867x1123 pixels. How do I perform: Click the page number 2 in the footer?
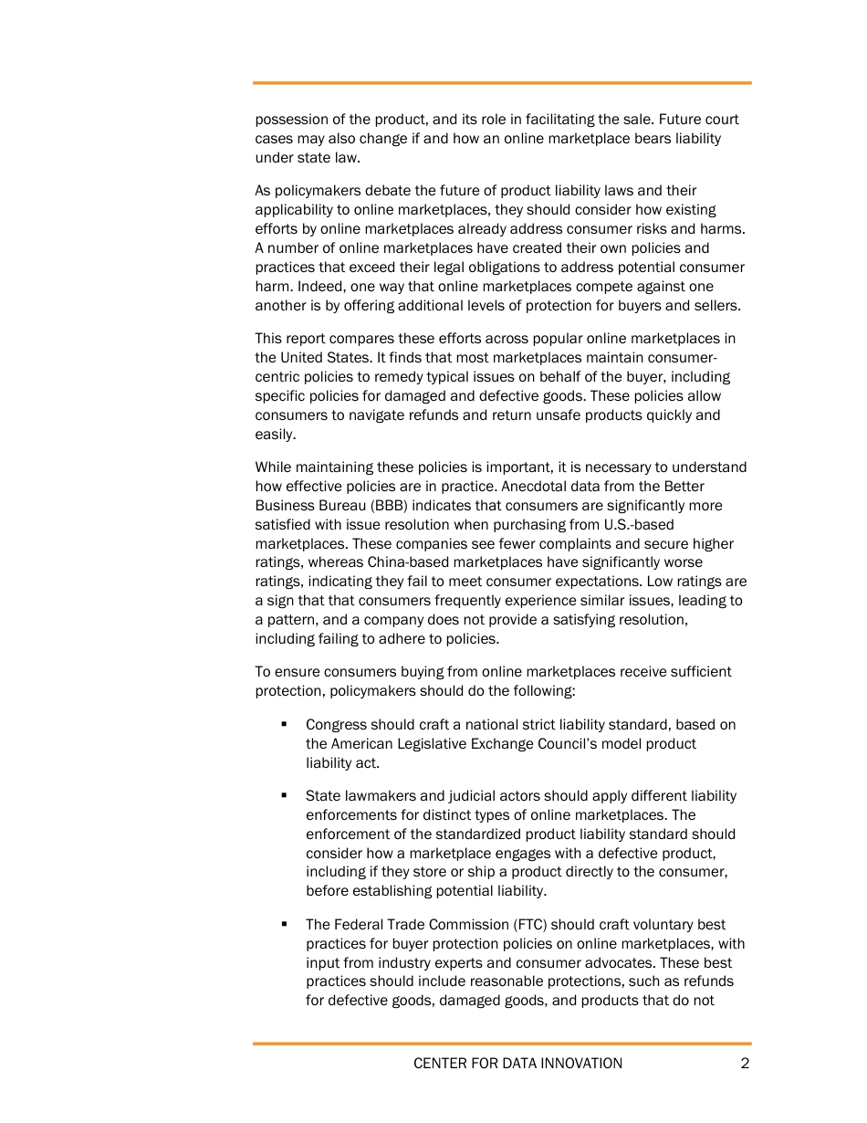(x=745, y=1063)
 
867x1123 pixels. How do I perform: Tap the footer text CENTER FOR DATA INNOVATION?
(x=517, y=1063)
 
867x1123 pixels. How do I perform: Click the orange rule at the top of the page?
(x=502, y=83)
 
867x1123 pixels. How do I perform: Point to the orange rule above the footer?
(x=502, y=1044)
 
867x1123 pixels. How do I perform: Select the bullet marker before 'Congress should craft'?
(x=285, y=724)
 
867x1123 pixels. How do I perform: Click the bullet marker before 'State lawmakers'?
(x=285, y=795)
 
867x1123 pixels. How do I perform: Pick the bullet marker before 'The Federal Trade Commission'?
(x=285, y=924)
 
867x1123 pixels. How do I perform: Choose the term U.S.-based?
(x=638, y=524)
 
